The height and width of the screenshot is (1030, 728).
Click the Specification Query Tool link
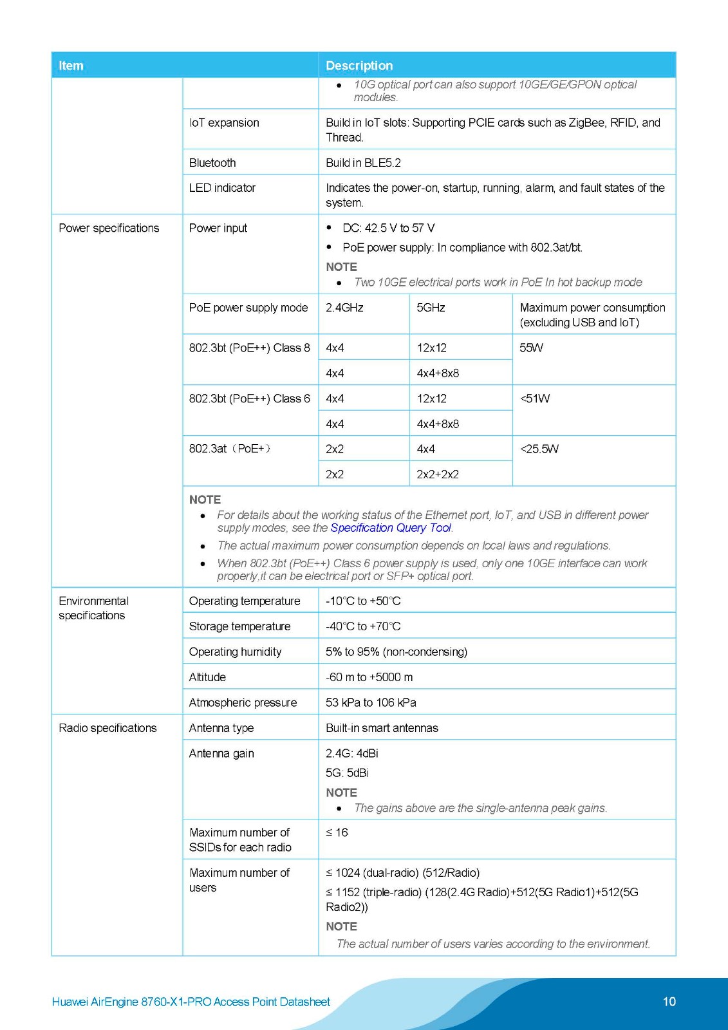(391, 528)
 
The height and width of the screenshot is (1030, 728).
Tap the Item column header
(71, 66)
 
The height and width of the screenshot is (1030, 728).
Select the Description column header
(359, 66)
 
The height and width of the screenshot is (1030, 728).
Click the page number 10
(669, 1002)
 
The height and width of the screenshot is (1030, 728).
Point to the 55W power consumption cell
(531, 348)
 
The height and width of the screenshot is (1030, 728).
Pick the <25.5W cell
(539, 449)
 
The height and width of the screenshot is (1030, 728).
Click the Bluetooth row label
(212, 163)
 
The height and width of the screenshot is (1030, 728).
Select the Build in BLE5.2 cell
(363, 163)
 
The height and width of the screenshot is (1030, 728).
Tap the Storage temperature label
(239, 626)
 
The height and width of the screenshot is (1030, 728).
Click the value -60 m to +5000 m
(369, 677)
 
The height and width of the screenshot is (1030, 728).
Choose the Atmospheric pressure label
(243, 703)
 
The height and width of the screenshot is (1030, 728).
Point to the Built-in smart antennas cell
(382, 728)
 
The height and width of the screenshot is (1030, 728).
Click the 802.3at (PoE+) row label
(230, 449)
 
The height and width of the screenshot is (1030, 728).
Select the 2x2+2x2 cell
(438, 474)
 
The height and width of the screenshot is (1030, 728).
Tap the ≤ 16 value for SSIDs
(337, 833)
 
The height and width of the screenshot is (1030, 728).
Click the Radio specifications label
(107, 728)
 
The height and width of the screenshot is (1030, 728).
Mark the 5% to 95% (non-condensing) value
(396, 652)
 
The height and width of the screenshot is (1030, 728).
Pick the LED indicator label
(222, 188)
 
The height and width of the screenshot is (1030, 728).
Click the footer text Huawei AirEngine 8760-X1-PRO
(191, 1002)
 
